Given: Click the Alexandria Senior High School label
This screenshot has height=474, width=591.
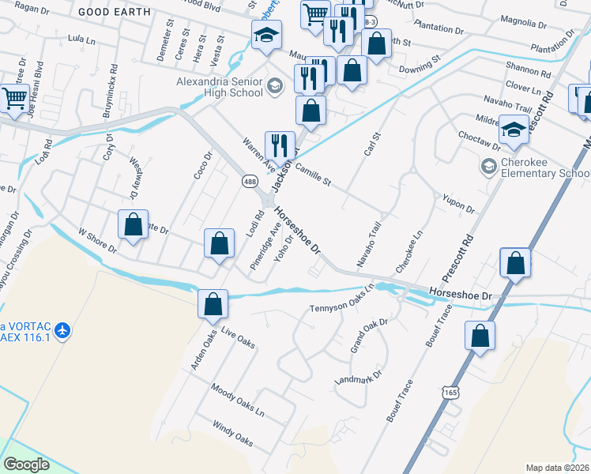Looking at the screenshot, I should [220, 86].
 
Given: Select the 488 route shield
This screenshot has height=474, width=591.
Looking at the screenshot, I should [250, 182].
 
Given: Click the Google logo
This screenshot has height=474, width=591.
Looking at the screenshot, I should [27, 464].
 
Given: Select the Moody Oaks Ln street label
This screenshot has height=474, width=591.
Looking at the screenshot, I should [237, 401].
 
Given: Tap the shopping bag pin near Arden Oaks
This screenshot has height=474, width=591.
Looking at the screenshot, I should [213, 304].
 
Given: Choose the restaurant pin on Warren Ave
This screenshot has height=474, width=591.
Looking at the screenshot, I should [279, 145].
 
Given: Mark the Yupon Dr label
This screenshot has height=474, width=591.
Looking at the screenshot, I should [458, 205].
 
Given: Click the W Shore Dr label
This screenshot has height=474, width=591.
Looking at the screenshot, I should [97, 239].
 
